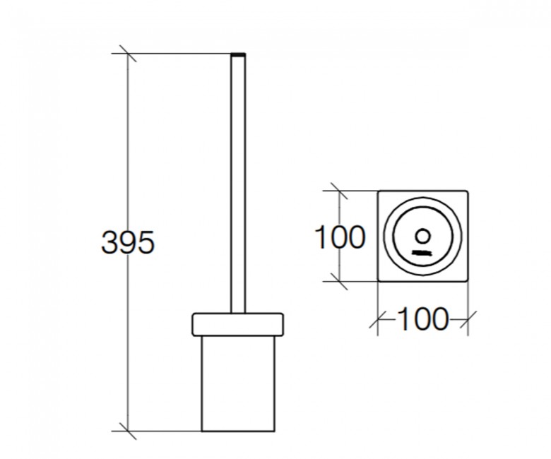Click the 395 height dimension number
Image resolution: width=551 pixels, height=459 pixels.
point(128,242)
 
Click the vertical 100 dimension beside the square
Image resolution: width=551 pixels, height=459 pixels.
point(340,237)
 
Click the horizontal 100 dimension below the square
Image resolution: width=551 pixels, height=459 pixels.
point(424,319)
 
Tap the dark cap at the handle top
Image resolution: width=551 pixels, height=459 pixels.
point(238,54)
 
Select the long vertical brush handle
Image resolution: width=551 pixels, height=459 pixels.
point(238,183)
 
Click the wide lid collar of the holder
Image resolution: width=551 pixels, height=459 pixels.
point(237,324)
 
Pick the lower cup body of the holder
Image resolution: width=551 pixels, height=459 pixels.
point(238,383)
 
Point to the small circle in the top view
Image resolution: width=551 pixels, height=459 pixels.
point(422,236)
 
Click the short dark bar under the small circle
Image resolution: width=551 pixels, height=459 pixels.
point(422,253)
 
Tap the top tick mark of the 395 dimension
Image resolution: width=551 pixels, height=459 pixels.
point(128,54)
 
